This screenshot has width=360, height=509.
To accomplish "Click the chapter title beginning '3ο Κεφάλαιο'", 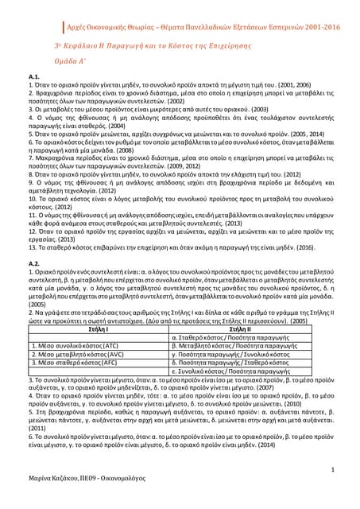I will click(179, 45).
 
